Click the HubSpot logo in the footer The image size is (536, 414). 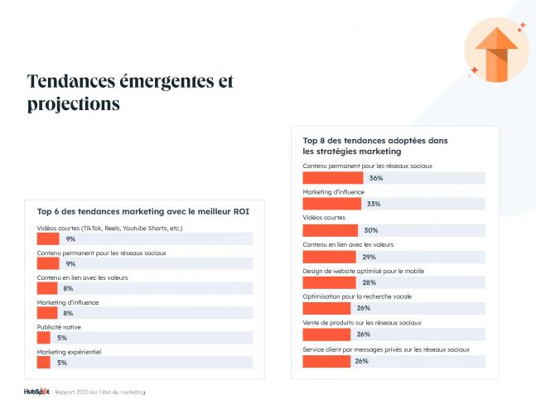36,392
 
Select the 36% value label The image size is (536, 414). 375,178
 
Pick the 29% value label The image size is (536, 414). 369,257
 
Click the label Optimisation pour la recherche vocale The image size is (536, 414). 356,296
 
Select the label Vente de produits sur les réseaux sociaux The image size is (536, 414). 362,322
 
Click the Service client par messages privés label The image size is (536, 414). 386,349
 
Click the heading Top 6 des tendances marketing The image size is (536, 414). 143,212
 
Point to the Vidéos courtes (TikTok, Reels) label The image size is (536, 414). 109,228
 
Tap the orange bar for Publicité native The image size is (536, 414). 45,338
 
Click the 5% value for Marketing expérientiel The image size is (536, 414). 61,363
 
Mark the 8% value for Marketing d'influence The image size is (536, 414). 69,313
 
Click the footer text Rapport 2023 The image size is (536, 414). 99,392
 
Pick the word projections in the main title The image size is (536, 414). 74,104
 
